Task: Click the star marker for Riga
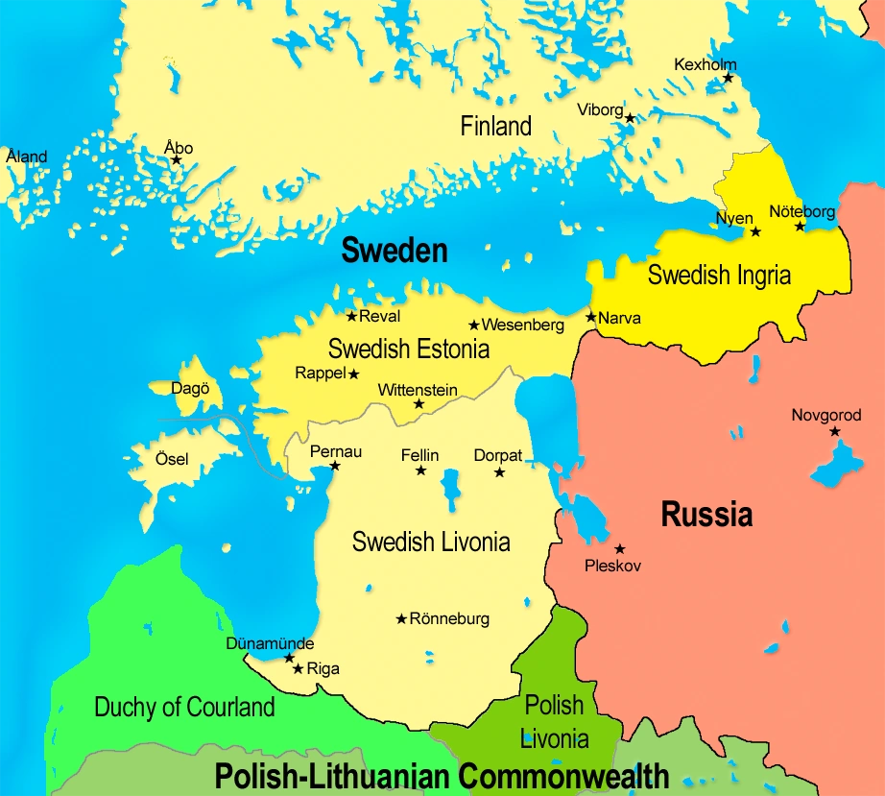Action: [298, 668]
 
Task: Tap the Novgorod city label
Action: [825, 416]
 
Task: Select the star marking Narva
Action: [590, 317]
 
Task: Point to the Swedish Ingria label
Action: [719, 276]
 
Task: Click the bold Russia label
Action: [706, 515]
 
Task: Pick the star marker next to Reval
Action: [351, 316]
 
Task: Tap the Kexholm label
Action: [706, 64]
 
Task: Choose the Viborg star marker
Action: [630, 117]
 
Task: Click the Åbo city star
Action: [176, 159]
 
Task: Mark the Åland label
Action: [26, 157]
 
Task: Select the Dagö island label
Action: [189, 390]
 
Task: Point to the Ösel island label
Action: [172, 459]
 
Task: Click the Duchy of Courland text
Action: [184, 708]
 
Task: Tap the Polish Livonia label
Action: [554, 722]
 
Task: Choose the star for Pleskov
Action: [619, 548]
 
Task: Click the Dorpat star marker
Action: [499, 471]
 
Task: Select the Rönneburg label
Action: [449, 618]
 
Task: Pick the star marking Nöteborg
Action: [800, 227]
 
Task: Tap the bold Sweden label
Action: [395, 251]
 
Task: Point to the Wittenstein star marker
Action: [419, 404]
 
